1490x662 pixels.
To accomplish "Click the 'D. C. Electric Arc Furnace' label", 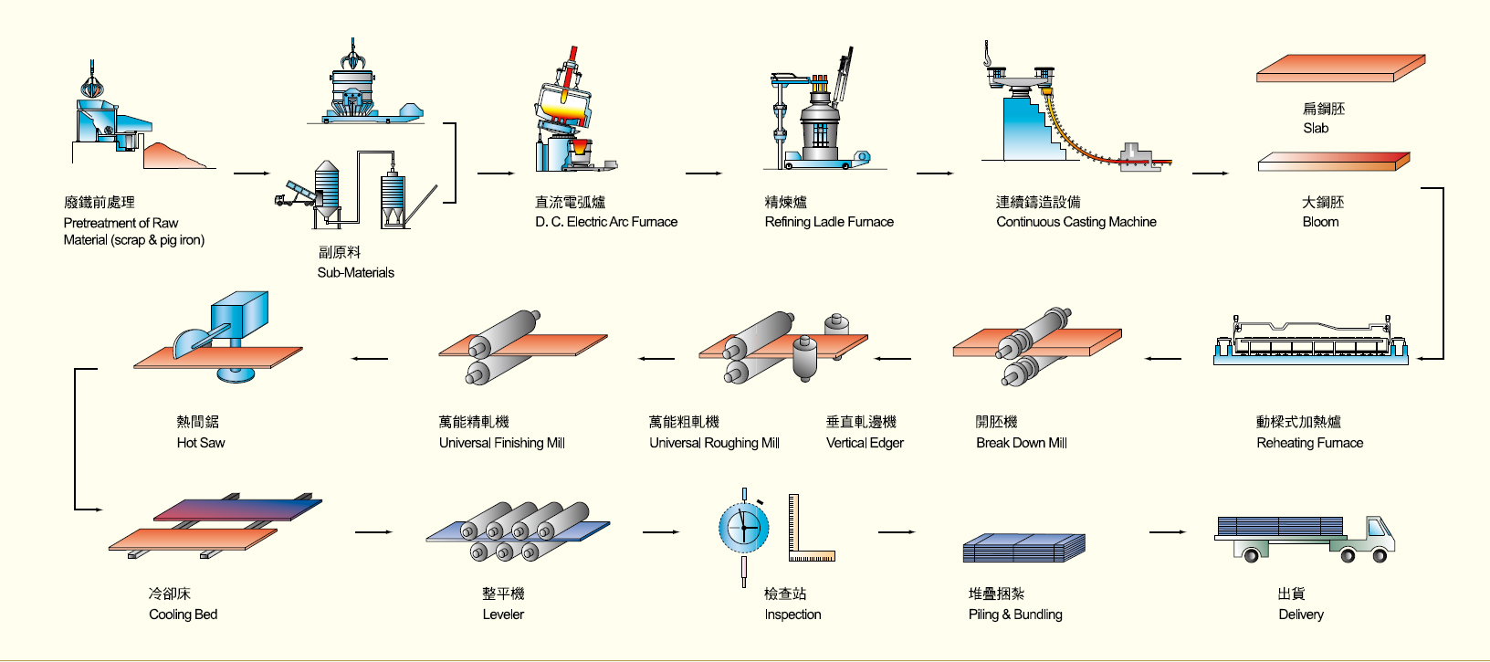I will pyautogui.click(x=606, y=222).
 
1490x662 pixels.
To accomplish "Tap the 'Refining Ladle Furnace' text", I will pyautogui.click(x=829, y=222).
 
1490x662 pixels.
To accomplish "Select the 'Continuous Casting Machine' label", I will pyautogui.click(x=1076, y=222).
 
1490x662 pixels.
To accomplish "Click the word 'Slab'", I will pyautogui.click(x=1316, y=129).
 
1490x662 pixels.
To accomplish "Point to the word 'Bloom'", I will pyautogui.click(x=1320, y=222).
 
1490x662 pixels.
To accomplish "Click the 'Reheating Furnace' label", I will pyautogui.click(x=1309, y=443).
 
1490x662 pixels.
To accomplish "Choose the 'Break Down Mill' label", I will pyautogui.click(x=1021, y=443).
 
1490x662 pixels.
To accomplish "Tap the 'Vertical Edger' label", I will pyautogui.click(x=865, y=443).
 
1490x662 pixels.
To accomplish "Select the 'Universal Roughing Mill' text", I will pyautogui.click(x=714, y=443).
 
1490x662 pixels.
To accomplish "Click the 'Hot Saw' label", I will pyautogui.click(x=201, y=443).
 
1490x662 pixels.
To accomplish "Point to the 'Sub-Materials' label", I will pyautogui.click(x=355, y=272).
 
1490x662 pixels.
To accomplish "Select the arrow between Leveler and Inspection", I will pyautogui.click(x=661, y=531).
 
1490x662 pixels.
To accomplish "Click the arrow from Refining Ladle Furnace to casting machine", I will pyautogui.click(x=934, y=173).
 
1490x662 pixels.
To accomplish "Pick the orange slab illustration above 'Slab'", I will pyautogui.click(x=1339, y=68).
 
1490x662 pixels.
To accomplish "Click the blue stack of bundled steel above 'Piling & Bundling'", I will pyautogui.click(x=1023, y=548).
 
